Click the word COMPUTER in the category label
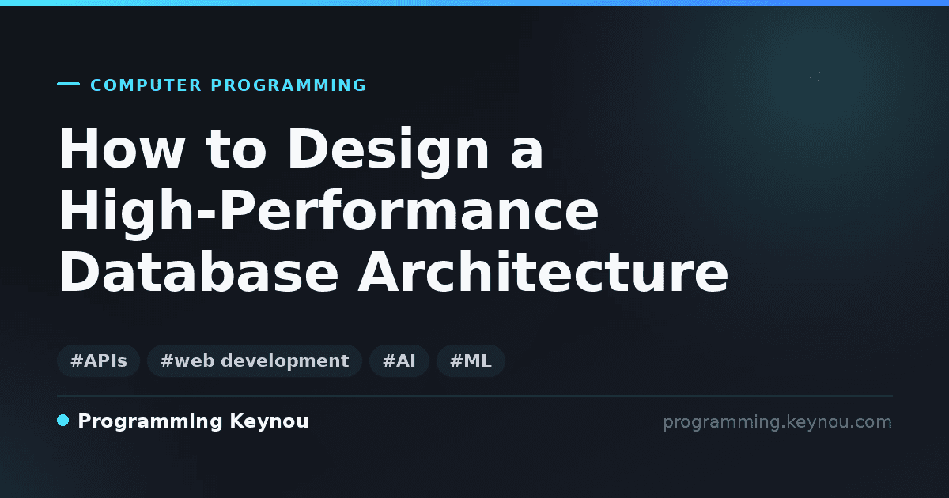(x=146, y=85)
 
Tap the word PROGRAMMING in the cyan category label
(x=288, y=85)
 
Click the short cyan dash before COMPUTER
(x=68, y=84)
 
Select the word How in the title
(x=122, y=149)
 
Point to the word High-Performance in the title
(x=328, y=214)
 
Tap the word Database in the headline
(x=198, y=271)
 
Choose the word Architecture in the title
(x=543, y=271)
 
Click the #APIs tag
(x=99, y=360)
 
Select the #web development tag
(x=255, y=360)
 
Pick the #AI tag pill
(x=399, y=360)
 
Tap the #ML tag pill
(x=471, y=360)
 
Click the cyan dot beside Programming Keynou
(x=63, y=421)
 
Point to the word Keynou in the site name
(x=269, y=421)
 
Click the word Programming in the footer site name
(x=150, y=422)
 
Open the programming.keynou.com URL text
(x=777, y=422)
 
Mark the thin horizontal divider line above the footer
(x=475, y=396)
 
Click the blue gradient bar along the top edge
(x=475, y=3)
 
